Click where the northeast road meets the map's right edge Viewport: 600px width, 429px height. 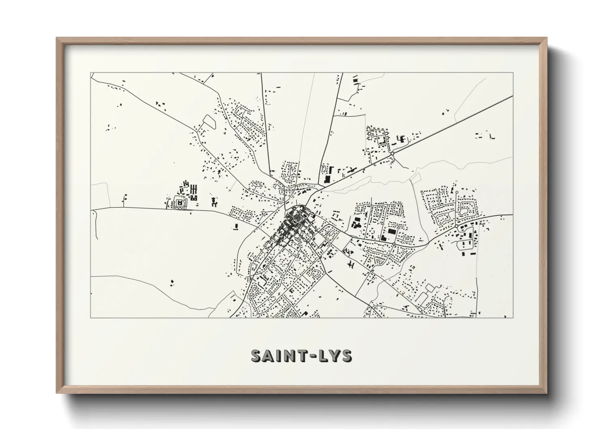[512, 97]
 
